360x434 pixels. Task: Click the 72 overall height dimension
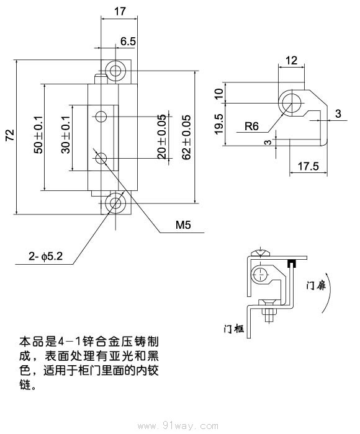click(10, 137)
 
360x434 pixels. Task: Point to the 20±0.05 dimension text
click(162, 137)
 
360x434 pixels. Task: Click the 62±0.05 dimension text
click(187, 137)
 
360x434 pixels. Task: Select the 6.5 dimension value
click(128, 41)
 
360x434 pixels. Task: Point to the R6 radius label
click(251, 126)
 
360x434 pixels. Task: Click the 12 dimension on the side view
click(292, 60)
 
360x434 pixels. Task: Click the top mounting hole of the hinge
click(115, 70)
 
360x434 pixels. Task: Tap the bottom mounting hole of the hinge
click(115, 204)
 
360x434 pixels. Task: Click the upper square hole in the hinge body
click(101, 115)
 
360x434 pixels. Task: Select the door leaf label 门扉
click(318, 286)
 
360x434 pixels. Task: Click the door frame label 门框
click(233, 328)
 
